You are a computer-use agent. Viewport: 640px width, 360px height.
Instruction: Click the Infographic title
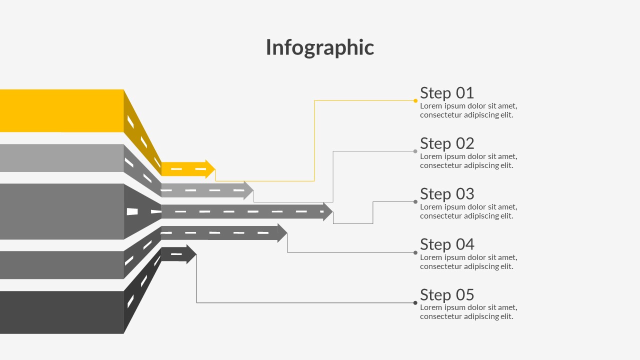click(319, 47)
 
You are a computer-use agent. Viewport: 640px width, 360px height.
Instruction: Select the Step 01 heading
click(446, 93)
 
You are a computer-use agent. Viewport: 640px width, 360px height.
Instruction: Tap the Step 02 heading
click(446, 143)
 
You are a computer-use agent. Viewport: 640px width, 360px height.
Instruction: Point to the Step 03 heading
click(446, 194)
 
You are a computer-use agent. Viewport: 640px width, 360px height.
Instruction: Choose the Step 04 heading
click(446, 244)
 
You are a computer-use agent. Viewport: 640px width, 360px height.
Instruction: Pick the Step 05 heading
click(446, 295)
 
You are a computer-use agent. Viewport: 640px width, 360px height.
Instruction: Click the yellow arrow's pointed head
click(210, 169)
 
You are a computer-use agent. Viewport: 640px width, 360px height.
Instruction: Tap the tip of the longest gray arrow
click(328, 212)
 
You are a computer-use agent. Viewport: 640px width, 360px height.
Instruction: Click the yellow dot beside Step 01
click(415, 101)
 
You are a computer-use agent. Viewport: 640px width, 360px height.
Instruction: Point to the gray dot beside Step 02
click(415, 151)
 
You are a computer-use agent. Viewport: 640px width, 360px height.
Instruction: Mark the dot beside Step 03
click(415, 202)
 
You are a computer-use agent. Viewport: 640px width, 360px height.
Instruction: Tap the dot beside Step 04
click(415, 253)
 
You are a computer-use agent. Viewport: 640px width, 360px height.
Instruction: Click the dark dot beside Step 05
click(415, 303)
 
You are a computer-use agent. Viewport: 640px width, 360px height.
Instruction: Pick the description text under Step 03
click(468, 211)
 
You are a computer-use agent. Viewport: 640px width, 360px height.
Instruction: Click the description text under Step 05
click(468, 312)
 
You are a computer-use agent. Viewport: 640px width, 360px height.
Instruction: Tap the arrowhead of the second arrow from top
click(248, 190)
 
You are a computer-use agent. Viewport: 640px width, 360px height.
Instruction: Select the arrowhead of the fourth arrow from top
click(282, 233)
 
